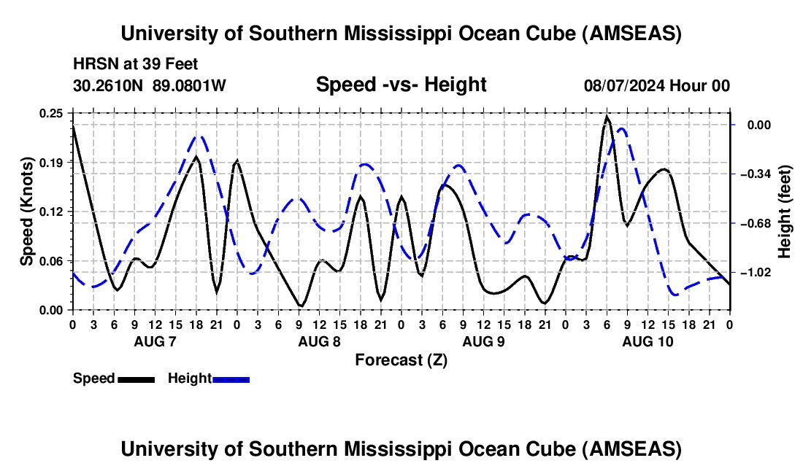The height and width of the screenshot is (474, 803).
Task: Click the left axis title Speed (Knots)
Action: [x=27, y=211]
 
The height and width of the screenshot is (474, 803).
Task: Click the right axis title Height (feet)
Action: [x=785, y=211]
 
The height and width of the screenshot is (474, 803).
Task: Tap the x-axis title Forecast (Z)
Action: [x=401, y=360]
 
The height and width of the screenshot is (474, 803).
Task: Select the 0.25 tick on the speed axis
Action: [x=52, y=113]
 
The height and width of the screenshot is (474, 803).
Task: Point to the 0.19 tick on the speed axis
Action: [x=52, y=162]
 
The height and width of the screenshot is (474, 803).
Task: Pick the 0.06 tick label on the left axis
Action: [x=52, y=261]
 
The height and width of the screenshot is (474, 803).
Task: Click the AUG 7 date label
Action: [x=155, y=341]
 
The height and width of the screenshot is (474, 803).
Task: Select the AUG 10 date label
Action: [x=648, y=341]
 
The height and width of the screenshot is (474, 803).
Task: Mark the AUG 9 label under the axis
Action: [x=483, y=341]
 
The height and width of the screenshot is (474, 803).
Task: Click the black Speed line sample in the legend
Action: [x=136, y=379]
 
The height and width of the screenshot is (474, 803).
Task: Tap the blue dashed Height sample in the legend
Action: [x=231, y=379]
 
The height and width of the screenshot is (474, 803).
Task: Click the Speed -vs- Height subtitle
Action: [x=401, y=85]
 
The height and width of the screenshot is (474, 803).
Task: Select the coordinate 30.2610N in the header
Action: [x=109, y=86]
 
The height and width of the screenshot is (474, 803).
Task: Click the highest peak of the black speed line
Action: [x=607, y=117]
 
